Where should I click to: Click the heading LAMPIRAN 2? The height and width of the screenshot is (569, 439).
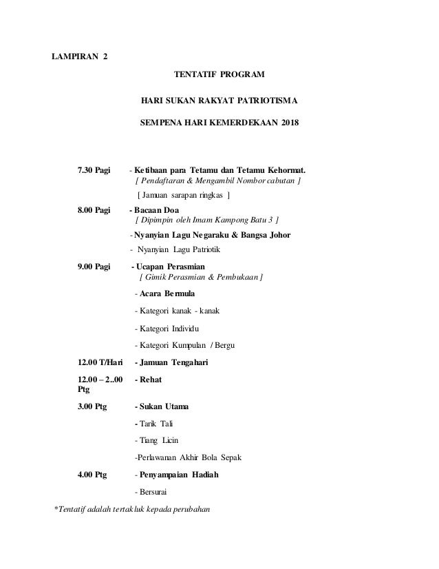[x=80, y=56]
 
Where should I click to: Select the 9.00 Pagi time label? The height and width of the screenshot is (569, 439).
[x=94, y=267]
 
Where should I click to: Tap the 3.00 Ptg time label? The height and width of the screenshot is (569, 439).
[x=92, y=406]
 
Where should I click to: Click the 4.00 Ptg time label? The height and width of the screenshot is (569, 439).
[x=92, y=475]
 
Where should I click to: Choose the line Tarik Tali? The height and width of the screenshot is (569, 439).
[x=156, y=424]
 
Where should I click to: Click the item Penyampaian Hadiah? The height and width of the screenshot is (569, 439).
[x=179, y=475]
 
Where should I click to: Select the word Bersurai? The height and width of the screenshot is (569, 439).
[x=155, y=492]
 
